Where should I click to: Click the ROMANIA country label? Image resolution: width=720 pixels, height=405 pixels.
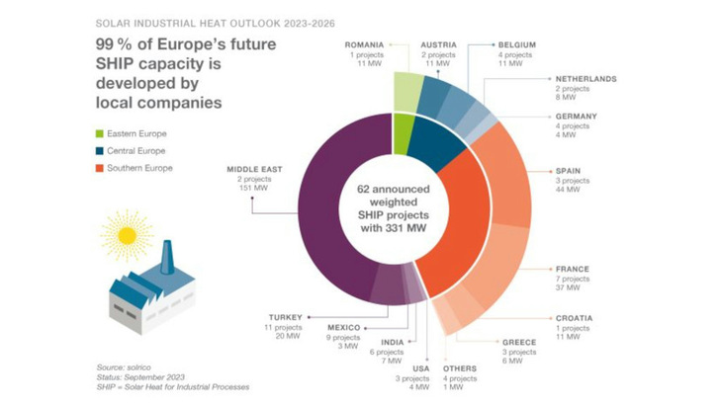[x=364, y=45]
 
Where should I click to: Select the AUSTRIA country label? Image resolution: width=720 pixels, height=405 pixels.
[x=437, y=45]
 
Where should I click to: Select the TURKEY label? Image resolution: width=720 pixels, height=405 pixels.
[x=283, y=317]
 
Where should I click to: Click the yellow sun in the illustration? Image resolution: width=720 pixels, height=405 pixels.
[x=126, y=235]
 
